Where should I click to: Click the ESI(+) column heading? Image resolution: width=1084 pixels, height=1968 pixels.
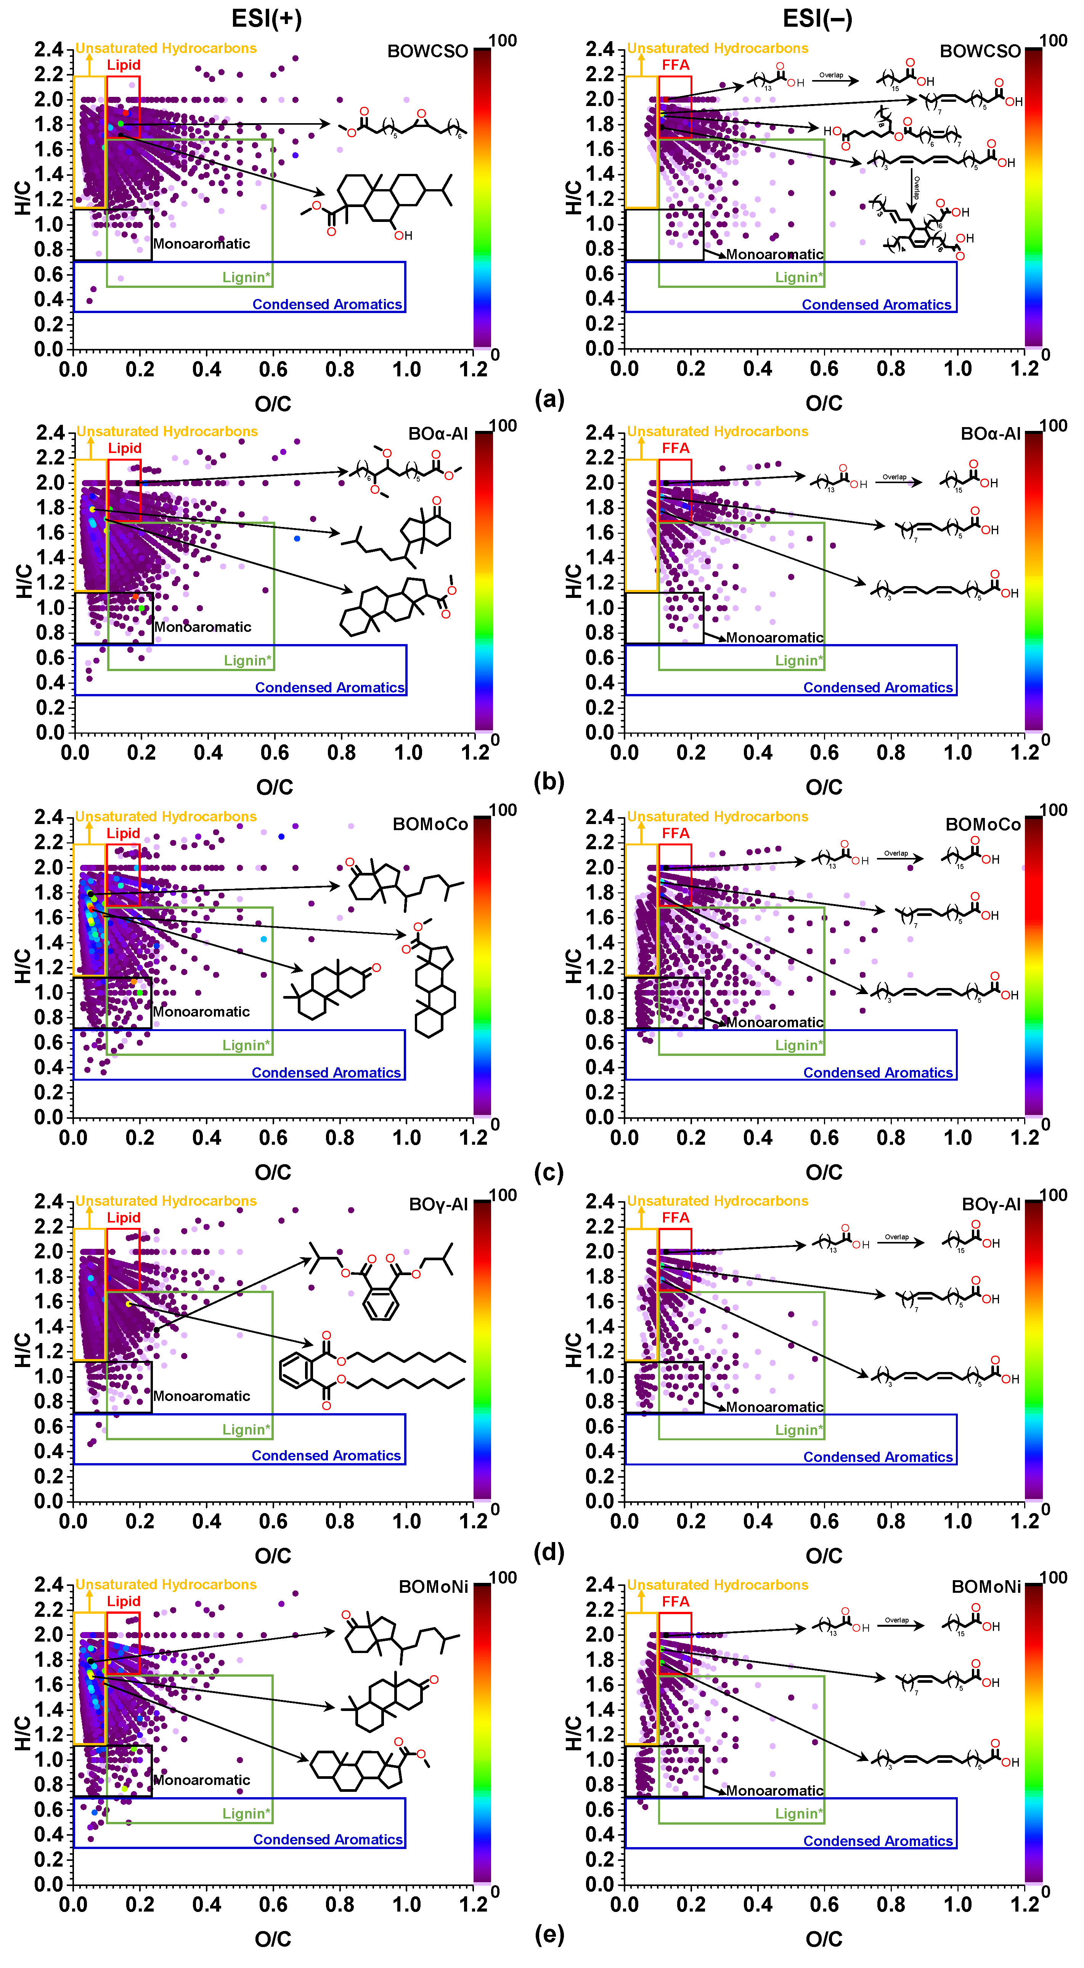point(267,18)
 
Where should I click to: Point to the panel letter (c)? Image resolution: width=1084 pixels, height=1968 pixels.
point(549,1171)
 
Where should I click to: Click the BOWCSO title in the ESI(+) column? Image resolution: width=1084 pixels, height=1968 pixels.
point(427,51)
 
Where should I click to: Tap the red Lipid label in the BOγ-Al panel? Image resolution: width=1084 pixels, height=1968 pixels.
point(123,1217)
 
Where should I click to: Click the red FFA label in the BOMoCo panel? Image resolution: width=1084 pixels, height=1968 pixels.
point(675,833)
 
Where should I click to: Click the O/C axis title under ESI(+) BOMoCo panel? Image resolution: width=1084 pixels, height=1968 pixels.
point(273,1171)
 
